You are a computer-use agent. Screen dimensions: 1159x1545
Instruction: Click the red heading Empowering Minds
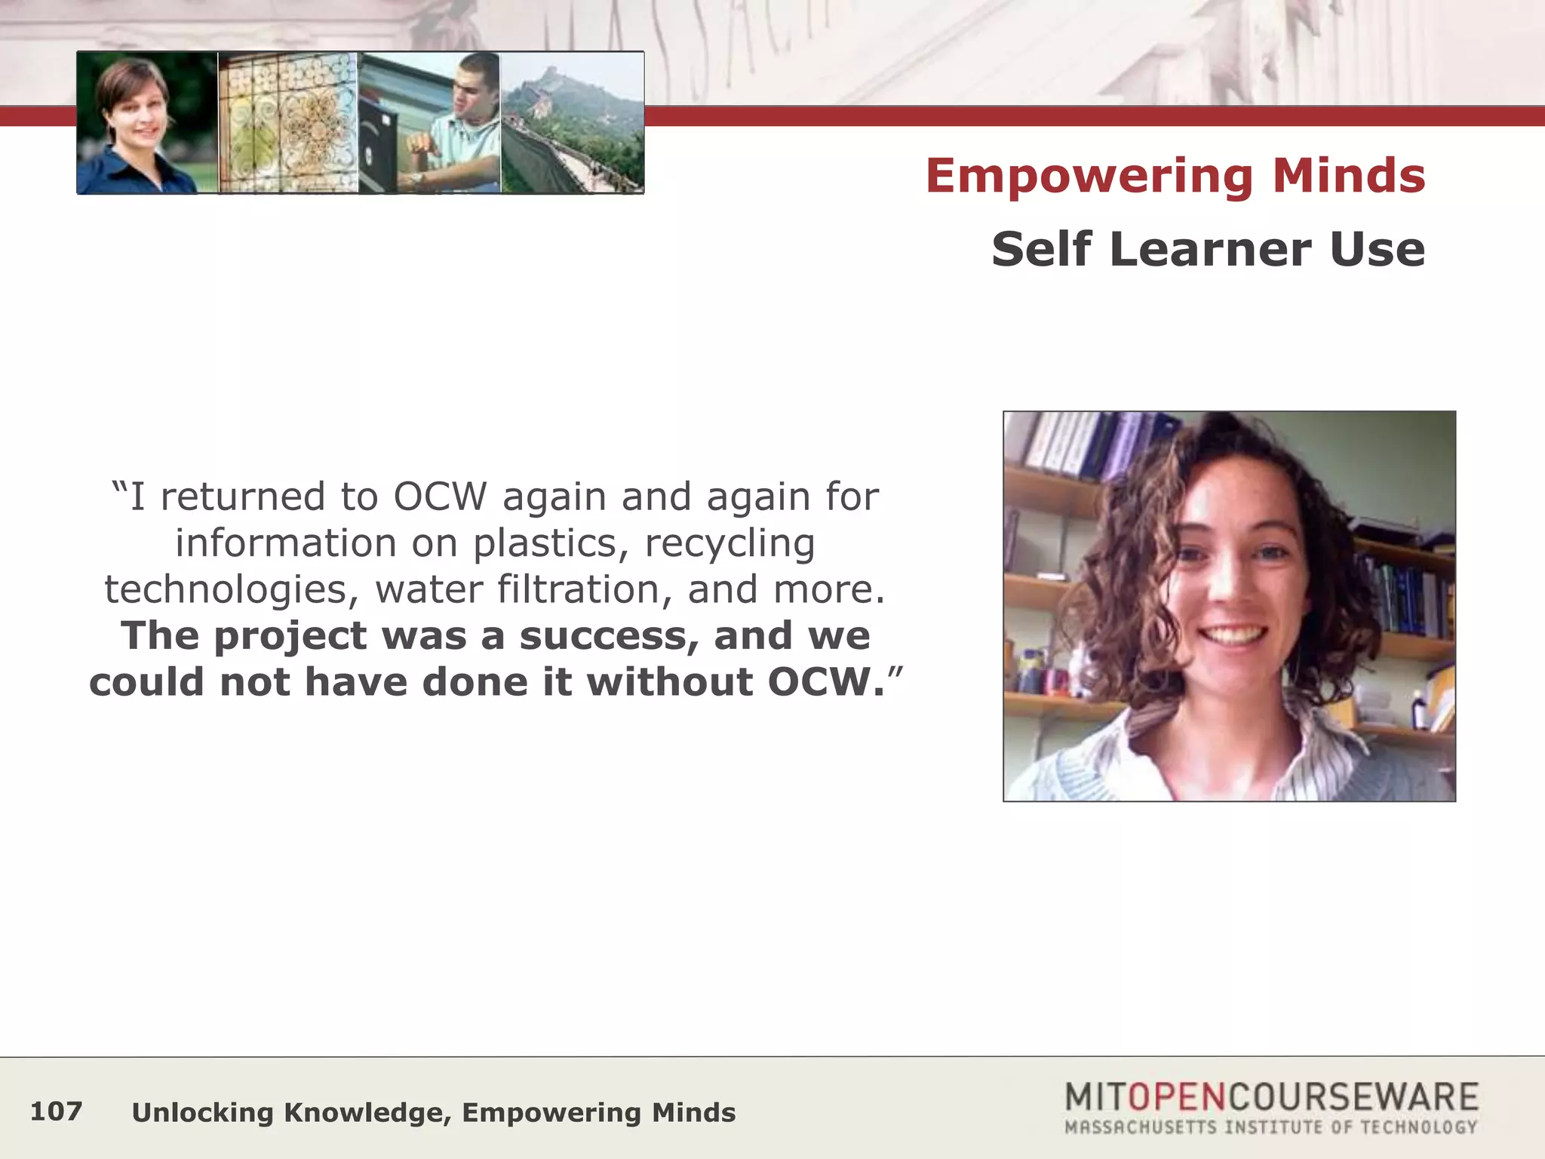pyautogui.click(x=1175, y=176)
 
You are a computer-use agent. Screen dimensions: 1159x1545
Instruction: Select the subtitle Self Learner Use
pyautogui.click(x=1208, y=249)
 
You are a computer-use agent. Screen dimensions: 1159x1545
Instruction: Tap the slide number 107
pyautogui.click(x=56, y=1111)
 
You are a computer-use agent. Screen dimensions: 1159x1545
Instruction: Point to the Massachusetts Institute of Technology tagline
pyautogui.click(x=1270, y=1127)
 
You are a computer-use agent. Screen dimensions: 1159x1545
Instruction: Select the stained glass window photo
pyautogui.click(x=288, y=123)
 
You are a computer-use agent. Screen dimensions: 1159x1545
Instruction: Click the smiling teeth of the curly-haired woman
pyautogui.click(x=1233, y=632)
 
